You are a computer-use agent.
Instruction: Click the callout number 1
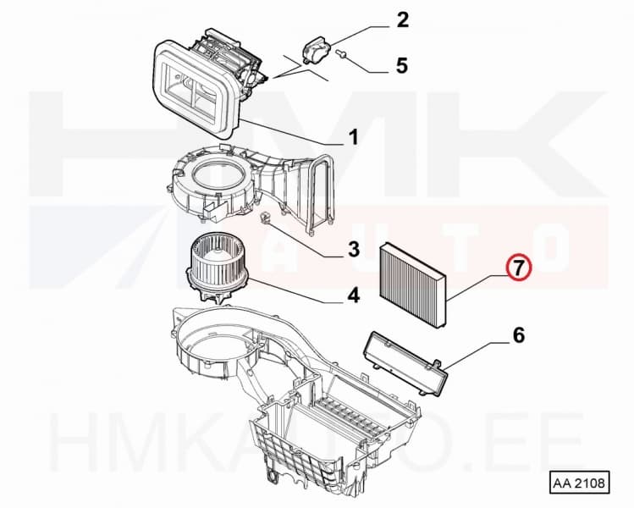pyautogui.click(x=353, y=135)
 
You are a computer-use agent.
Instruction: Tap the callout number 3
pyautogui.click(x=353, y=249)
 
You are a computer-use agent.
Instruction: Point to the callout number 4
pyautogui.click(x=353, y=295)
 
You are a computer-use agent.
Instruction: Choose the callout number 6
pyautogui.click(x=517, y=336)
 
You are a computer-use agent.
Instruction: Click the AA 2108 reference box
pyautogui.click(x=579, y=483)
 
